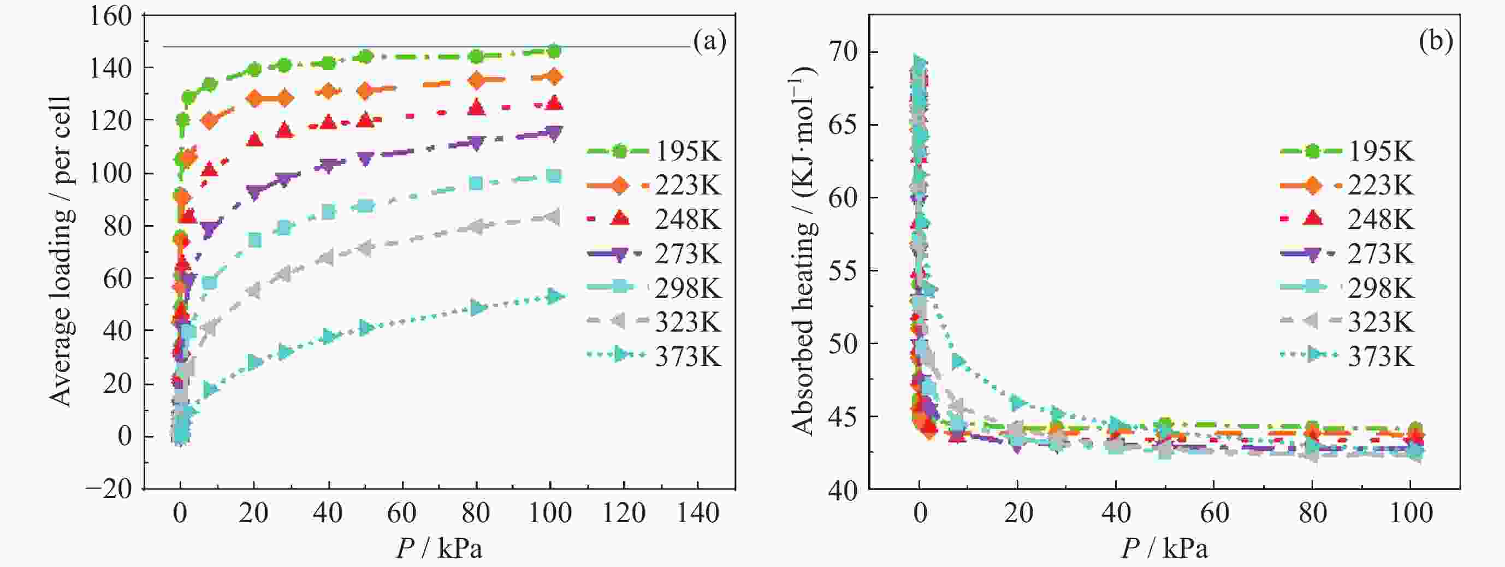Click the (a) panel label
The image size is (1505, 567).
tap(709, 42)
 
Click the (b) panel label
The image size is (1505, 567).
tap(1436, 42)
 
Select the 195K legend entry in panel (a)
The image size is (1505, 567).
tap(654, 151)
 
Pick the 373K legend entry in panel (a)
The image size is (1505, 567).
tap(654, 356)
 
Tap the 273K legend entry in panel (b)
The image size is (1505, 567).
tap(1347, 253)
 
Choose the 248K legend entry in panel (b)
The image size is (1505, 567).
tap(1347, 220)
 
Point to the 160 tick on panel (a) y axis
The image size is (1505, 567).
tap(110, 16)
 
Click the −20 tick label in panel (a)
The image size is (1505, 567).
tap(109, 488)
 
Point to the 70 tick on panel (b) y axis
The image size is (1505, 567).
tap(842, 52)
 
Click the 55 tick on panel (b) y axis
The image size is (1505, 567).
tap(842, 270)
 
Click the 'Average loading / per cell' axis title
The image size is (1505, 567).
tap(61, 251)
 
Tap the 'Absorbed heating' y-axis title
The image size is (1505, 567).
tap(803, 251)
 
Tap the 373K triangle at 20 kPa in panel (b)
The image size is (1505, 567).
tap(1018, 403)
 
